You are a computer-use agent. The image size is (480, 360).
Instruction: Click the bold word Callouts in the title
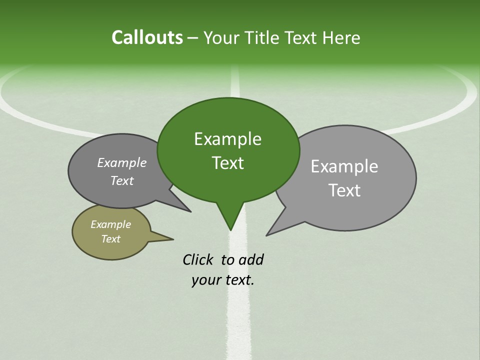[x=147, y=37]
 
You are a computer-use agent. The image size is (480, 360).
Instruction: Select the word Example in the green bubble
[x=227, y=139]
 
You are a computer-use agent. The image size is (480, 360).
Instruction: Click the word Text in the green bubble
[x=227, y=163]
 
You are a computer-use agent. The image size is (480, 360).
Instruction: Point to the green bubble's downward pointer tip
[x=230, y=229]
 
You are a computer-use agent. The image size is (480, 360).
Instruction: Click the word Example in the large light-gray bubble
[x=344, y=166]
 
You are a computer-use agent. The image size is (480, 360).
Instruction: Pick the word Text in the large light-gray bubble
[x=344, y=190]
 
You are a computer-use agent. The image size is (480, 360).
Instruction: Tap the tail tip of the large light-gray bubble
[x=267, y=234]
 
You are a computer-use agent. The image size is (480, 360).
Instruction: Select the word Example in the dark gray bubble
[x=122, y=162]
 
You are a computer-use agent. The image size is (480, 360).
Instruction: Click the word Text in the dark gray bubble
[x=122, y=180]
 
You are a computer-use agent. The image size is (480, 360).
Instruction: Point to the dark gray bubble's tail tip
[x=190, y=211]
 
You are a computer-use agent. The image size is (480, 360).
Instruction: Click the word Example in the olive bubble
[x=110, y=224]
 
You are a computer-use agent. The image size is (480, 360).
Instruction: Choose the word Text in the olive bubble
[x=110, y=239]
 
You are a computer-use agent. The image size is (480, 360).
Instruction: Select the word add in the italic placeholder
[x=250, y=259]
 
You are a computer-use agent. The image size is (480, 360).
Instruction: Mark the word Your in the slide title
[x=221, y=37]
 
